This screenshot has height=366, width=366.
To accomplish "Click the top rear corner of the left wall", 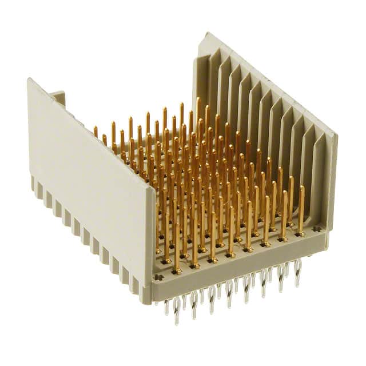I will pos(29,80).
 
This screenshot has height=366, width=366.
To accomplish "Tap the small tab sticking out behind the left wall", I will pos(57,97).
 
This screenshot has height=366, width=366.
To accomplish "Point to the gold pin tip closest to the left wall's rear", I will pos(96,129).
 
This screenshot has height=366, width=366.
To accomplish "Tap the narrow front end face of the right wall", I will pos(331,183).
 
